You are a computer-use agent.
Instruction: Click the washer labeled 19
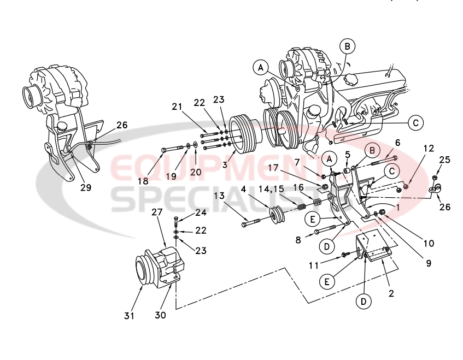pos(188,146)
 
